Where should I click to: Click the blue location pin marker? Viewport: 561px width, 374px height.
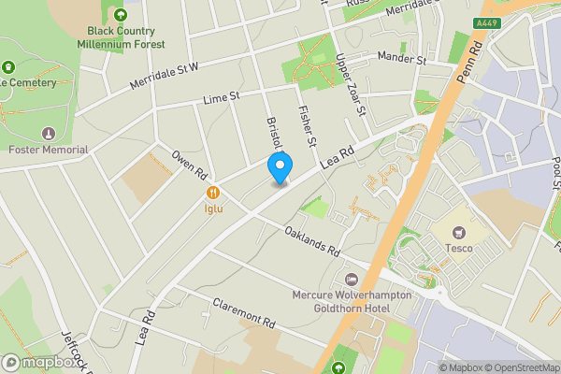pyautogui.click(x=279, y=167)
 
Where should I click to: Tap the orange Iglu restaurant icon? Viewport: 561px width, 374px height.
pyautogui.click(x=214, y=193)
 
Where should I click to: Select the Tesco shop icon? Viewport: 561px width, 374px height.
pyautogui.click(x=458, y=231)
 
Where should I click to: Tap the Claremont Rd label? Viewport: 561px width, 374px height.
pyautogui.click(x=244, y=310)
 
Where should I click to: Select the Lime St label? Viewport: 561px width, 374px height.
pyautogui.click(x=222, y=95)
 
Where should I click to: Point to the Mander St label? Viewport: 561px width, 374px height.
pyautogui.click(x=401, y=58)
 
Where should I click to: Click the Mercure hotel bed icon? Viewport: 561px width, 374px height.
pyautogui.click(x=352, y=280)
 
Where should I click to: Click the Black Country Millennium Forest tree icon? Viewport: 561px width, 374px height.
pyautogui.click(x=120, y=15)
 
